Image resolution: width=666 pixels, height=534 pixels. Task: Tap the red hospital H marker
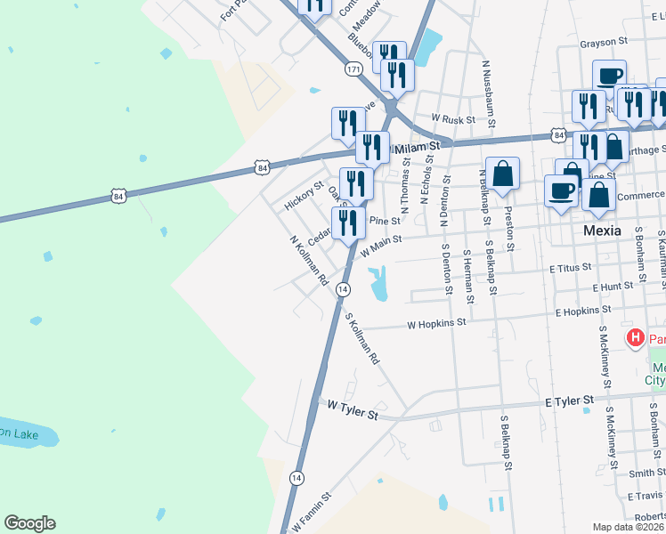tap(636, 338)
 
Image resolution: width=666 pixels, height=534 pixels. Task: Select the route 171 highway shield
tap(353, 69)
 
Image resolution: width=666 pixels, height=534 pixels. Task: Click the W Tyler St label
tap(353, 409)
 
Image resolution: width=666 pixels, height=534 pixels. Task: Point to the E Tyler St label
tap(569, 403)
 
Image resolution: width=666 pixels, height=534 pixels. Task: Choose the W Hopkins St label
tap(436, 325)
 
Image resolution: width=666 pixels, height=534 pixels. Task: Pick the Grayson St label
tap(604, 42)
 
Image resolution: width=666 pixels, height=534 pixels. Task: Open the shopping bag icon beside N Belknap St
tap(503, 174)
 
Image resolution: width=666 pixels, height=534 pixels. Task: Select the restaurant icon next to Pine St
tap(349, 222)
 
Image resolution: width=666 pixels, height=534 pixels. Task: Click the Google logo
tap(29, 523)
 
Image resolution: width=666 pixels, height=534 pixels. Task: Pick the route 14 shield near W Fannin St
tap(296, 478)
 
